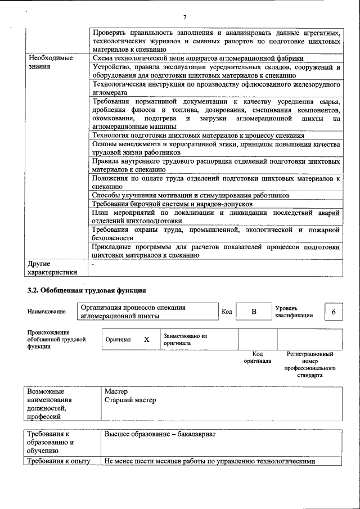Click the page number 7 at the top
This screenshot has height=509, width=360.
pyautogui.click(x=184, y=16)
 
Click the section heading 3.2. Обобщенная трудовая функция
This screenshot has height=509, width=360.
pyautogui.click(x=87, y=290)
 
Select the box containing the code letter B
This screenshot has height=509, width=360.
pyautogui.click(x=253, y=312)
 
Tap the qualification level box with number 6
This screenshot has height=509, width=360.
pyautogui.click(x=334, y=312)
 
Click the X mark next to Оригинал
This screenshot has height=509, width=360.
pyautogui.click(x=147, y=340)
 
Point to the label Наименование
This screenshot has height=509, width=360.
pyautogui.click(x=46, y=312)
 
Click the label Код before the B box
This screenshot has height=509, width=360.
pyautogui.click(x=227, y=312)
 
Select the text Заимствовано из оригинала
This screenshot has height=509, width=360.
pyautogui.click(x=185, y=339)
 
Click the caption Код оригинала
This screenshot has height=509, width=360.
pyautogui.click(x=257, y=357)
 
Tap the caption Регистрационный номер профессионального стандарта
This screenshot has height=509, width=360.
pyautogui.click(x=309, y=364)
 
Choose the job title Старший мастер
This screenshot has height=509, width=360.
pyautogui.click(x=130, y=400)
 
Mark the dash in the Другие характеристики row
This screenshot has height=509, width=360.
pyautogui.click(x=93, y=263)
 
